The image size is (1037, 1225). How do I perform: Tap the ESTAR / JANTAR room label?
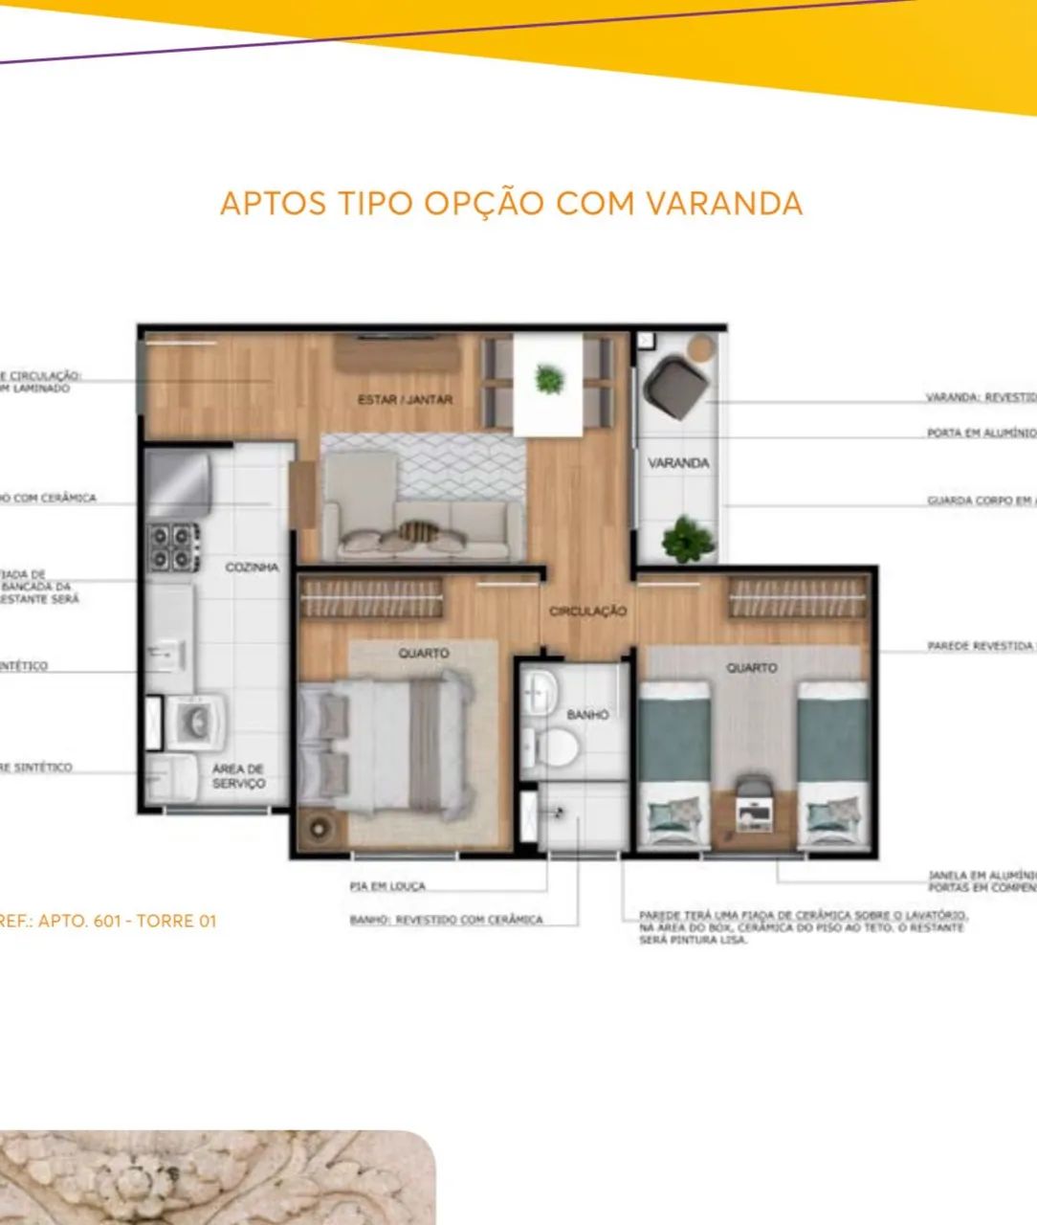click(405, 399)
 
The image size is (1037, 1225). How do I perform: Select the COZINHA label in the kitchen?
click(252, 568)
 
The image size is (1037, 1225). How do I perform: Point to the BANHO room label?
click(586, 714)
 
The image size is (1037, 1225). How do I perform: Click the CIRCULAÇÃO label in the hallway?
click(587, 611)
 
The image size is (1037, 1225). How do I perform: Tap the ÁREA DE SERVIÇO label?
click(238, 776)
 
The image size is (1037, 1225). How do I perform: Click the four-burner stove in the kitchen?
click(173, 547)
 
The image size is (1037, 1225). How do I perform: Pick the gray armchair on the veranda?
click(676, 387)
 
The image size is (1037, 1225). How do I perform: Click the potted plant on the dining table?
click(549, 380)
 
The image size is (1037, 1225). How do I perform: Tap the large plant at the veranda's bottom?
click(687, 540)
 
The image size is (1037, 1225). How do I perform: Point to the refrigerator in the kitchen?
click(178, 482)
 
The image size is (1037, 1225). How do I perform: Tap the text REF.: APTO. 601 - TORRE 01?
click(107, 921)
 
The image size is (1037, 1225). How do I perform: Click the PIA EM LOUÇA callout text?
click(386, 887)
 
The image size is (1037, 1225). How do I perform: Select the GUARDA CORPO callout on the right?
click(981, 501)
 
